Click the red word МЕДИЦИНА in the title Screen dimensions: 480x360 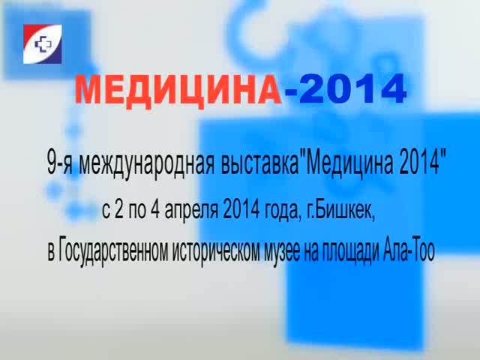178,91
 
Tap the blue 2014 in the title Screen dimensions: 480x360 353,89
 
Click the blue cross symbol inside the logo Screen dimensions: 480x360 43,44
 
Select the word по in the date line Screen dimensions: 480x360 137,212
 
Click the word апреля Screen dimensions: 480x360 191,212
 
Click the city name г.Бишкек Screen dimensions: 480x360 340,211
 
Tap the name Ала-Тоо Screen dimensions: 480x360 409,251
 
